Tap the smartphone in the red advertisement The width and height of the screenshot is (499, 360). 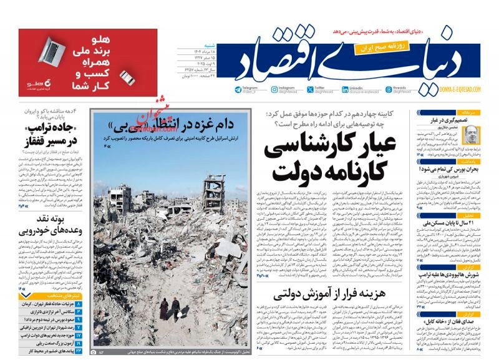(127, 77)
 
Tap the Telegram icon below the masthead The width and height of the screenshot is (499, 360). (238, 90)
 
